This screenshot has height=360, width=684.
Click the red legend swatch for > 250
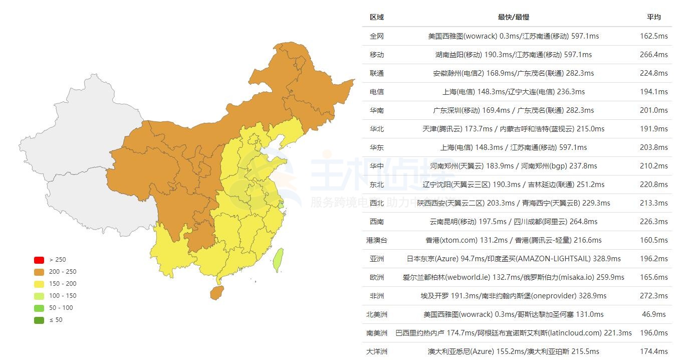point(39,260)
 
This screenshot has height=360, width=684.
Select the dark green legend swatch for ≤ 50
point(39,320)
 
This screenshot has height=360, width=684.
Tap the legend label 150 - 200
point(63,284)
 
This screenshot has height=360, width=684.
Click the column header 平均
point(653,17)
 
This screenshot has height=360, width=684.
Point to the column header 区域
point(377,17)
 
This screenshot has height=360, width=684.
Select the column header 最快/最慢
point(513,17)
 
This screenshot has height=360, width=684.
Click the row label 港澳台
point(377,240)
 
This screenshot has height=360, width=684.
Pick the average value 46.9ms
point(653,314)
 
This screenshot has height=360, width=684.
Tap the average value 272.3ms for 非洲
point(653,296)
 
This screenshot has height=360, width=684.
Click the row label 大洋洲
point(377,351)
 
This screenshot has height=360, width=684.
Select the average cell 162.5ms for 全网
point(653,36)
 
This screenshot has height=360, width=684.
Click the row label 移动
point(377,55)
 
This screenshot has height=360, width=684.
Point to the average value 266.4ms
point(653,55)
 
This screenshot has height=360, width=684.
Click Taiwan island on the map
point(279,260)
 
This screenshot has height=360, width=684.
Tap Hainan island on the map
point(216,292)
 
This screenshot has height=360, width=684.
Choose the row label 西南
point(377,222)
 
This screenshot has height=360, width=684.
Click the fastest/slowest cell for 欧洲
point(513,277)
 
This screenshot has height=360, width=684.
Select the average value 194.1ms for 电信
point(653,92)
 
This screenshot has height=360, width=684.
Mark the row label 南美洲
point(377,333)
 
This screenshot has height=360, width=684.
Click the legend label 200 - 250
point(63,272)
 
